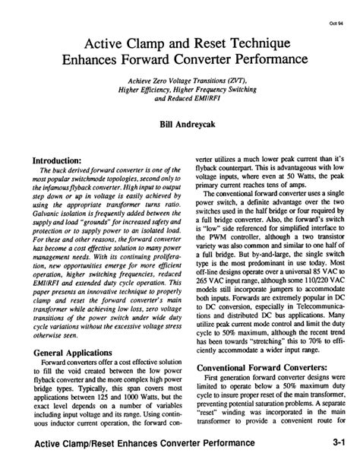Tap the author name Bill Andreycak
180,122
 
